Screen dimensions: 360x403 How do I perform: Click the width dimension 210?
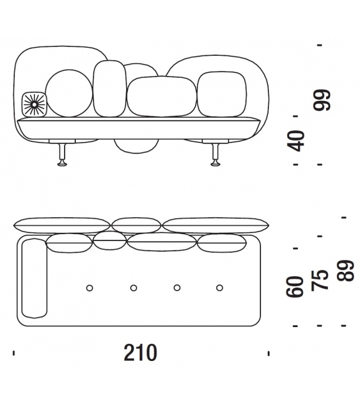(x=140, y=353)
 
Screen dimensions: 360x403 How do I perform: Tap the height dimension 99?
(x=322, y=100)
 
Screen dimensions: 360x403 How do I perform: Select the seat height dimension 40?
(x=295, y=141)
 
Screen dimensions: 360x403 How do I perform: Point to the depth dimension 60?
(x=295, y=286)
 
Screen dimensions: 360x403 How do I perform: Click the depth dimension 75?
(x=319, y=280)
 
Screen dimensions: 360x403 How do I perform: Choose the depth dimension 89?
(x=346, y=271)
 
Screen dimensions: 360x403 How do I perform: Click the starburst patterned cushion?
(x=34, y=104)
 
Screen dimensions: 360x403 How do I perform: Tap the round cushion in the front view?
(x=69, y=93)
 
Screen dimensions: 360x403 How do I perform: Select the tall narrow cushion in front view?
(x=110, y=89)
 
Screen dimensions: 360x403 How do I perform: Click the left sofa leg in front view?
(x=62, y=154)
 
